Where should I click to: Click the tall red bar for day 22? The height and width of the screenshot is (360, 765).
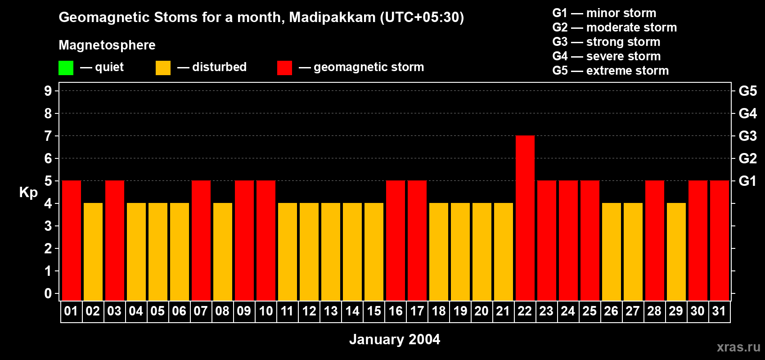(x=525, y=218)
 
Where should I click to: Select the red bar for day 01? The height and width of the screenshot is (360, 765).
(x=72, y=241)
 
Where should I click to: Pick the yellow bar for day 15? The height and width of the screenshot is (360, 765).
(x=374, y=252)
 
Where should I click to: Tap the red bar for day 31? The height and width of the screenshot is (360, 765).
(x=719, y=241)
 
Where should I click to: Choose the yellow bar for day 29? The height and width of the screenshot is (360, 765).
(x=676, y=252)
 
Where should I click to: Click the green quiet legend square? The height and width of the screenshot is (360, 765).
(x=66, y=68)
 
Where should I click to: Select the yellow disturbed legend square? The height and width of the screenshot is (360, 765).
(x=163, y=68)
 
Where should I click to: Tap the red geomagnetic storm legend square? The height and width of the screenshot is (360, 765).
(x=284, y=68)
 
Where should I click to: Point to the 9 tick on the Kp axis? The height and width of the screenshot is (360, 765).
(x=48, y=91)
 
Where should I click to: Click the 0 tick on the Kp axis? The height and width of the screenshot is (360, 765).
(x=48, y=293)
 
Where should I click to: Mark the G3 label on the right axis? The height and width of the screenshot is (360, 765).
(x=747, y=136)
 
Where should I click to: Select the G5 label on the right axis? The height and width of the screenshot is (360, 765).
(x=747, y=91)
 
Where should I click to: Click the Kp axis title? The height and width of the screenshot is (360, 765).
(x=28, y=193)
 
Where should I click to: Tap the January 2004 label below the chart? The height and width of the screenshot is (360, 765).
(x=395, y=339)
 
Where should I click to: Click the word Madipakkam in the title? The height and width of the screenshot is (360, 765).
(x=332, y=17)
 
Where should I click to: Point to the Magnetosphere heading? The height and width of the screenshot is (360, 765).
(x=107, y=45)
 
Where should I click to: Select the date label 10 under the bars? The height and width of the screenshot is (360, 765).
(x=266, y=311)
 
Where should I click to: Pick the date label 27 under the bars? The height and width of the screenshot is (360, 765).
(x=633, y=311)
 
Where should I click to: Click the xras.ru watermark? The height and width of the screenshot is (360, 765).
(x=738, y=347)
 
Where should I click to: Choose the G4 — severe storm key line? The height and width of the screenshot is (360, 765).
(x=607, y=56)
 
